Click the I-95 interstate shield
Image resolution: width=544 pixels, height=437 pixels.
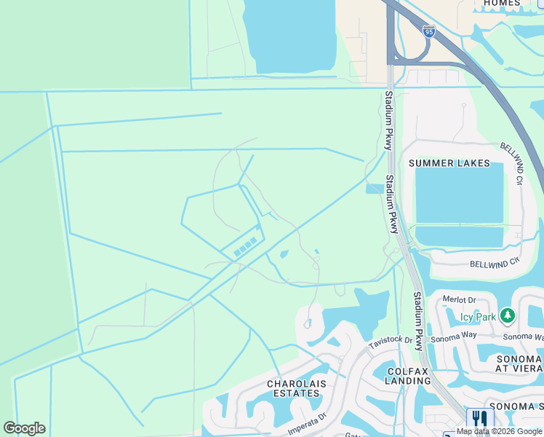click(x=428, y=31)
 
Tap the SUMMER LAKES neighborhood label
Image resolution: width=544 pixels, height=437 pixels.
click(x=449, y=163)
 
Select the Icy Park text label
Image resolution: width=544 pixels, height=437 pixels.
click(x=477, y=317)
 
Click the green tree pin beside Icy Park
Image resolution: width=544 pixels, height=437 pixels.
click(x=508, y=316)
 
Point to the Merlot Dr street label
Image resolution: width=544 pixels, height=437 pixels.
click(x=461, y=300)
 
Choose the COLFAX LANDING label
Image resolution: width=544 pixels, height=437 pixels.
click(x=408, y=375)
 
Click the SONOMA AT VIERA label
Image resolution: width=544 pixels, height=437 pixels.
click(x=519, y=364)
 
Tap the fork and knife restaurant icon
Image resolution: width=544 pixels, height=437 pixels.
click(x=479, y=419)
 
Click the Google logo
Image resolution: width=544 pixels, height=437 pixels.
click(x=24, y=428)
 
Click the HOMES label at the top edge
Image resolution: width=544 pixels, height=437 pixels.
click(x=501, y=3)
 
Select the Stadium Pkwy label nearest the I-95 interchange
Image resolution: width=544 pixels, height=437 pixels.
click(x=390, y=109)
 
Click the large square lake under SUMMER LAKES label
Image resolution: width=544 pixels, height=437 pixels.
click(x=458, y=193)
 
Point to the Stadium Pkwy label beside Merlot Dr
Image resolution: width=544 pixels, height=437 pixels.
click(x=418, y=320)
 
